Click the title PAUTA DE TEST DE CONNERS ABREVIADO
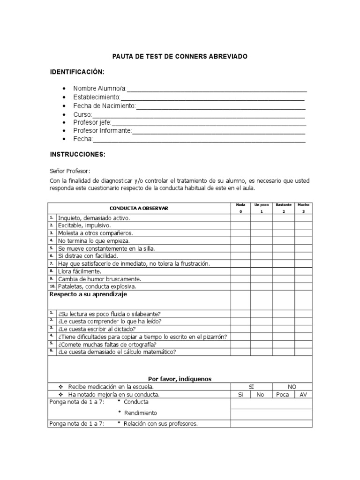pos(180,56)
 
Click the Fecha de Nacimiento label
pos(104,105)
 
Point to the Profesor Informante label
pos(102,131)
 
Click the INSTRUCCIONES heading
pos(77,154)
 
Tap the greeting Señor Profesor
pos(70,171)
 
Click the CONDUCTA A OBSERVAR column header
pos(139,208)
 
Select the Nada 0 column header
pos(240,208)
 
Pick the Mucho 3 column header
pos(303,208)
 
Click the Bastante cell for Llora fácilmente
pos(284,271)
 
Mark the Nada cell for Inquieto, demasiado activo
pos(240,218)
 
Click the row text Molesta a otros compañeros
pos(95,233)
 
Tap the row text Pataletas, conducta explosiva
pos(97,286)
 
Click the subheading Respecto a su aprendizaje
pos(88,294)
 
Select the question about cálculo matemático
pos(117,352)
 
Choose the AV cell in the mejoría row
pos(303,395)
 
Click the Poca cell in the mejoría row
pos(283,395)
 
